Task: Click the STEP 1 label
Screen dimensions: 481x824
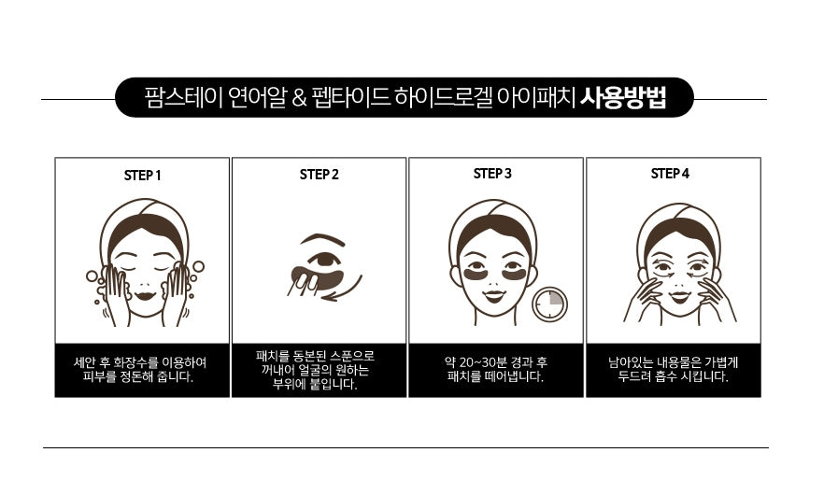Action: click(x=143, y=175)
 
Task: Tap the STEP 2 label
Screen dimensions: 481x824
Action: click(x=320, y=174)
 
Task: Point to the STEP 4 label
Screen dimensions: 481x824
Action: click(x=670, y=173)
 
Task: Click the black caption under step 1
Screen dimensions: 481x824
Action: click(x=142, y=370)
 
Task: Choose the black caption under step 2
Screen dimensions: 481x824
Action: click(x=319, y=370)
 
